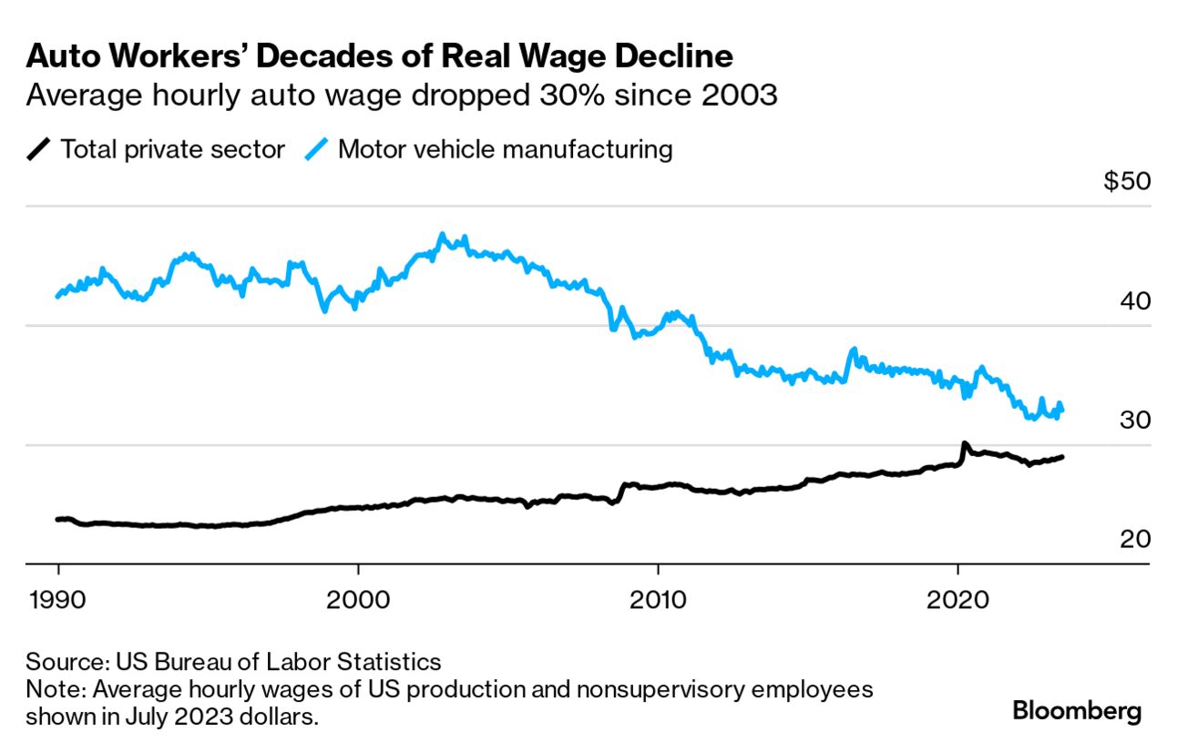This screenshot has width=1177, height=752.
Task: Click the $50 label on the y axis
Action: (x=1127, y=181)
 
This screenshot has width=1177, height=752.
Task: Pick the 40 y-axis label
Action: (x=1133, y=301)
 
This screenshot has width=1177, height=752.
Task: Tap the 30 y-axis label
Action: (x=1133, y=421)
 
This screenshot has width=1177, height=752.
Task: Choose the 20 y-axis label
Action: (x=1133, y=540)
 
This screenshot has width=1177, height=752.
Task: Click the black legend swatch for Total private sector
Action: (x=39, y=148)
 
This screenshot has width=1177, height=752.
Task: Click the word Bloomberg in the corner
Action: (x=1077, y=710)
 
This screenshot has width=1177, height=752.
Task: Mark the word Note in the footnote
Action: (x=47, y=688)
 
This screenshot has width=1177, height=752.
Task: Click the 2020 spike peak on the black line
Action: (x=964, y=444)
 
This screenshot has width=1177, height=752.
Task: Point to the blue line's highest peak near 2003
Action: (x=442, y=235)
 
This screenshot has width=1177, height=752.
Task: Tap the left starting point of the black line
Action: (x=57, y=519)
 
